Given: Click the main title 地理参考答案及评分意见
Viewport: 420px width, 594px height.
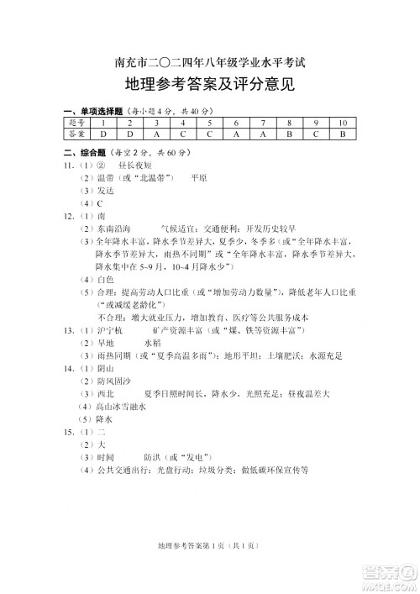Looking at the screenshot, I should pyautogui.click(x=209, y=86).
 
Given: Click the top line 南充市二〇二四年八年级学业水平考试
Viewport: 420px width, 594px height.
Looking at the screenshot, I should pyautogui.click(x=209, y=60).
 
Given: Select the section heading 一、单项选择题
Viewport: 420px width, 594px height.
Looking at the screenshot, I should pyautogui.click(x=93, y=112).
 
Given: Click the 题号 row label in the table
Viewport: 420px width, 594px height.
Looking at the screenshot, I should pyautogui.click(x=77, y=123).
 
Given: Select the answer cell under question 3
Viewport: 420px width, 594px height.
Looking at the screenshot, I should pyautogui.click(x=156, y=134).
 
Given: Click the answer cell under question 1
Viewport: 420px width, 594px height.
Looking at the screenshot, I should pyautogui.click(x=103, y=134).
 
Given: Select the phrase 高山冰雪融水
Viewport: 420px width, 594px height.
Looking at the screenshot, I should pyautogui.click(x=120, y=406).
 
